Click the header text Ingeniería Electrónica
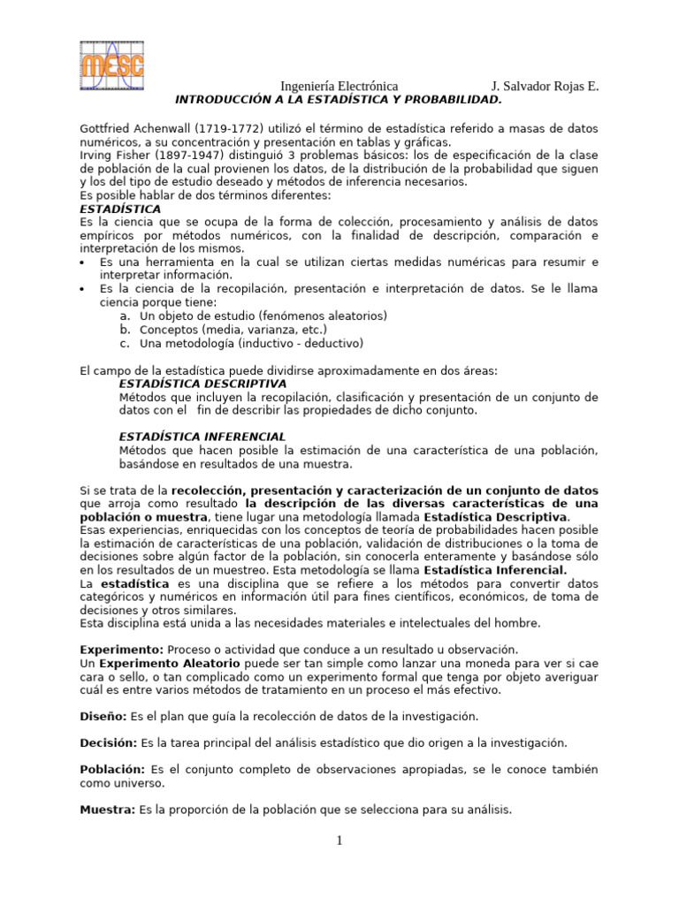[339, 86]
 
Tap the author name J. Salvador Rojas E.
[545, 86]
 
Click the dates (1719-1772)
[233, 129]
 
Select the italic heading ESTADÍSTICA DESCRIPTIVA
[202, 384]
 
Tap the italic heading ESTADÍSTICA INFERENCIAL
[202, 437]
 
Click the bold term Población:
[111, 770]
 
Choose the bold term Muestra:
[107, 810]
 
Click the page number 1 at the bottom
[339, 840]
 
